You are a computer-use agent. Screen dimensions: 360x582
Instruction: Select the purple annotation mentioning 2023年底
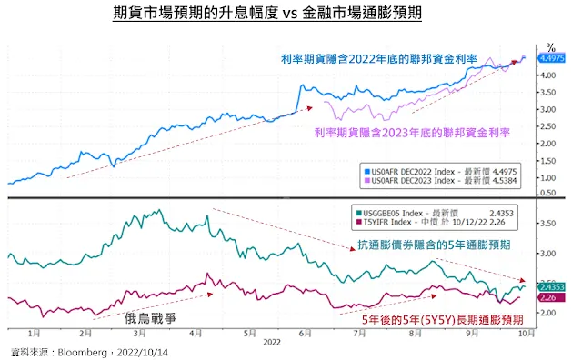(x=411, y=133)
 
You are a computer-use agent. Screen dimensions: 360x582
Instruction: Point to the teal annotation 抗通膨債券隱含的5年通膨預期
(x=429, y=245)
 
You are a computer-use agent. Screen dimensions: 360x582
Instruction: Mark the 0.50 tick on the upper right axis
(x=548, y=192)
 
